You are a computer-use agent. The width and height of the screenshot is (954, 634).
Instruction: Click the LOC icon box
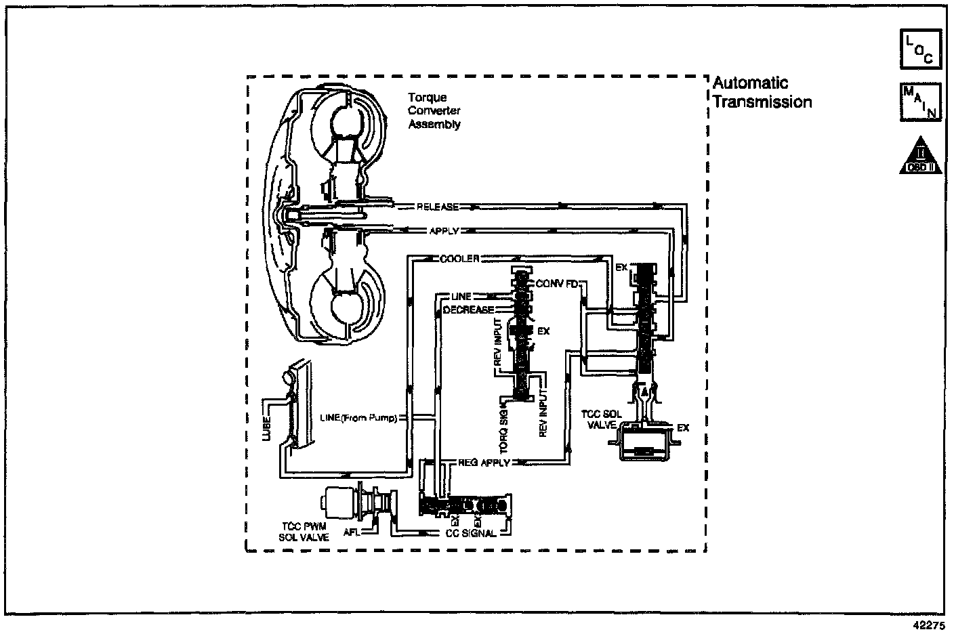pos(920,49)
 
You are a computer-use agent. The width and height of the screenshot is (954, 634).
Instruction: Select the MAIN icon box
pos(920,102)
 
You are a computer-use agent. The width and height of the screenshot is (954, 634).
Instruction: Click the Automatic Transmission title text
pos(762,93)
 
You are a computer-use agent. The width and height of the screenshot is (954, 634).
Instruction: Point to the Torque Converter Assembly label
pos(434,111)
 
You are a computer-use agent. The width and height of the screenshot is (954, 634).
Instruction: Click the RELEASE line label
pos(438,207)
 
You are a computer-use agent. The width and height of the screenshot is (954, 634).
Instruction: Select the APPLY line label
pos(444,231)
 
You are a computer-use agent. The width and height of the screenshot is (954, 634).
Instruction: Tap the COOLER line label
pos(459,259)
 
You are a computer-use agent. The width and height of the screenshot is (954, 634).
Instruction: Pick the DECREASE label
pos(468,310)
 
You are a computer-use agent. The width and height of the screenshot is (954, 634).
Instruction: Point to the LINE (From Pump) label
pos(358,417)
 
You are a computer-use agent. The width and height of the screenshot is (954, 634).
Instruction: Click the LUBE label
pos(265,419)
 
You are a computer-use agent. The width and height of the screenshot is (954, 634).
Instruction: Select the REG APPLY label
pos(484,463)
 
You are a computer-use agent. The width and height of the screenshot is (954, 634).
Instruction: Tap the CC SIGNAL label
pos(471,533)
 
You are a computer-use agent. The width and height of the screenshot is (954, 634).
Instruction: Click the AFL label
pos(351,532)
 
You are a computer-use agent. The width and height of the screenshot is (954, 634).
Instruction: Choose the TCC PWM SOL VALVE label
pos(304,532)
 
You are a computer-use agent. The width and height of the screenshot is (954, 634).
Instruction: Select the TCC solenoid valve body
pos(644,444)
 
